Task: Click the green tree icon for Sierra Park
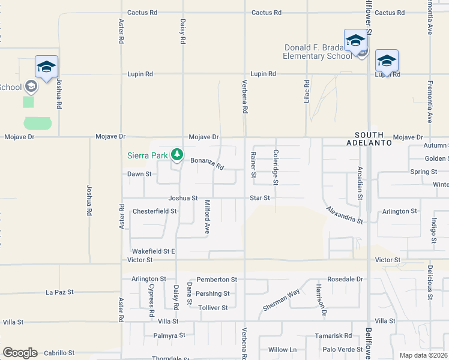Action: tap(176, 155)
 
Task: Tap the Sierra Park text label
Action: tap(147, 155)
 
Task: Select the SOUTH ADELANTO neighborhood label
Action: tap(373, 139)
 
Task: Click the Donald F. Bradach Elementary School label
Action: tap(318, 52)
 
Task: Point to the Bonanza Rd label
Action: tap(207, 163)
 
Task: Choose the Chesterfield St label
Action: tap(154, 211)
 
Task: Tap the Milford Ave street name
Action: tap(207, 216)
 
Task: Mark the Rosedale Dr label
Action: tap(345, 280)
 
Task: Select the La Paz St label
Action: tap(59, 292)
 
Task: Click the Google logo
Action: tap(20, 353)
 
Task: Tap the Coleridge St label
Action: tap(276, 167)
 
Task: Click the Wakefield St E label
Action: tap(153, 251)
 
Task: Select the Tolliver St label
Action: tap(213, 308)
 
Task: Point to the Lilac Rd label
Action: tap(306, 90)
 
